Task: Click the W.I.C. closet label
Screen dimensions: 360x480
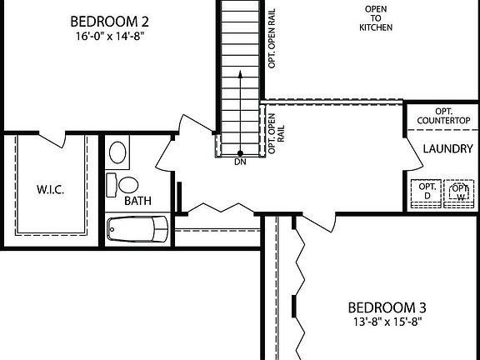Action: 50,188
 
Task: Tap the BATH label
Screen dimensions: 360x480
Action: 137,201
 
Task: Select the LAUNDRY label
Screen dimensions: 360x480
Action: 447,148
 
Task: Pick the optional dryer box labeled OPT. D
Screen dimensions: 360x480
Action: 427,191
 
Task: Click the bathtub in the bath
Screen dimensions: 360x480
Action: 138,227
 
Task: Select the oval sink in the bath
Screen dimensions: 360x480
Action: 119,152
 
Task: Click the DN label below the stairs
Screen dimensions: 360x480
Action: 241,162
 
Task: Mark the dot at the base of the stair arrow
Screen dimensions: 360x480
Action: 240,153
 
